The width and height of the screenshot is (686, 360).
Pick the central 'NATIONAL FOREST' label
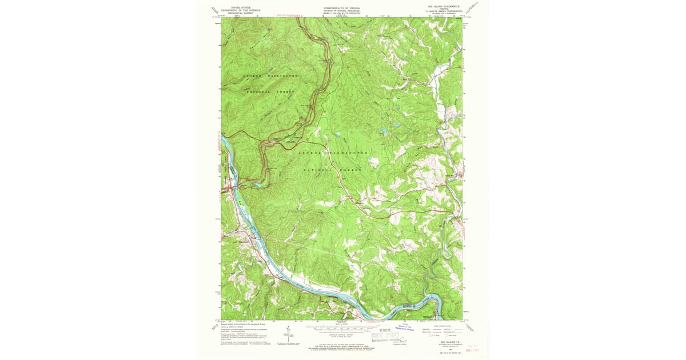point(333,170)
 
